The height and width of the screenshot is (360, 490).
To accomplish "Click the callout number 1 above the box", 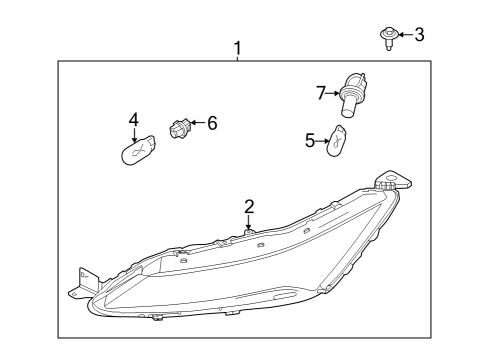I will [x=238, y=47].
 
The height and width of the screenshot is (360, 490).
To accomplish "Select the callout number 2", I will [x=249, y=207].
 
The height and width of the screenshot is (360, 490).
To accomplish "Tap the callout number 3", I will [x=419, y=35].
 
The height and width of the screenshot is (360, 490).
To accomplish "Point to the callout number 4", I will [x=133, y=120].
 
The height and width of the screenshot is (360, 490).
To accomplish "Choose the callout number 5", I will [x=310, y=141].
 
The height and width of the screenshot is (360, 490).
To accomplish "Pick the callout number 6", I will [x=211, y=123].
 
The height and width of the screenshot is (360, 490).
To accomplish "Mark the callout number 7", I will [x=321, y=93].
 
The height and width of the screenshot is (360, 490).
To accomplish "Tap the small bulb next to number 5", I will [x=340, y=141].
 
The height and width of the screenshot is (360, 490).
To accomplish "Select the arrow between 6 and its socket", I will [x=198, y=124].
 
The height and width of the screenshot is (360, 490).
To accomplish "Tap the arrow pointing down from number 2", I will [x=249, y=222].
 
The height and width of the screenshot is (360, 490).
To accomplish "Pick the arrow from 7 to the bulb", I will [x=333, y=93].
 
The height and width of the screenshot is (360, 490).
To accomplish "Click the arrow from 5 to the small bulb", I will [x=323, y=141].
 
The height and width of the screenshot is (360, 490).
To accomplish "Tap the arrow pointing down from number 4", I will [x=133, y=134].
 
